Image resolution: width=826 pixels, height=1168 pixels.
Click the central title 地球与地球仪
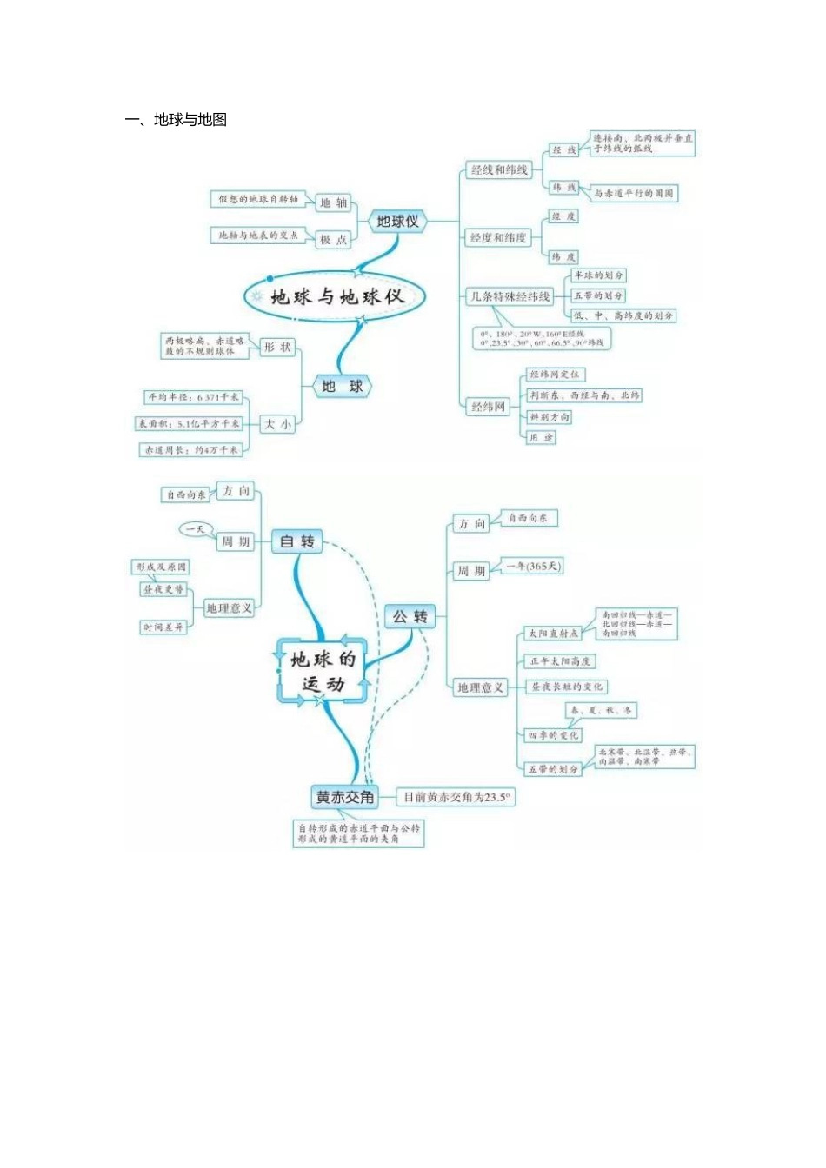[336, 296]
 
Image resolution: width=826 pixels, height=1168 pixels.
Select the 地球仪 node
[397, 222]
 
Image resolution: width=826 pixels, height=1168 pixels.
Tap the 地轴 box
[333, 202]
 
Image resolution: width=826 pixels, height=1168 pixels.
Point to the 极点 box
[333, 239]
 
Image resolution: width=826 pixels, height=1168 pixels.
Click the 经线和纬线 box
[499, 170]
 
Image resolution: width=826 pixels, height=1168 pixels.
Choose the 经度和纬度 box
[498, 237]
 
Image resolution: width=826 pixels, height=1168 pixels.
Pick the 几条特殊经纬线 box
[510, 296]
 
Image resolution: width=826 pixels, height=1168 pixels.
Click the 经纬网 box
[488, 406]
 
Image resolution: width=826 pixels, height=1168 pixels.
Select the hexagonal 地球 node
[342, 386]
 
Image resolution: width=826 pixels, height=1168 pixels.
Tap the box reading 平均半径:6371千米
[193, 397]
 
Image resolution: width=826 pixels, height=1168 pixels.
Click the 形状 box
[277, 347]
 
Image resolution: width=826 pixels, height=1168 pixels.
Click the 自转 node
[296, 541]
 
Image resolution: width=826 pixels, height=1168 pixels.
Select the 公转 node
[410, 617]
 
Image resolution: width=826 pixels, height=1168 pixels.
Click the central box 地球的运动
[323, 671]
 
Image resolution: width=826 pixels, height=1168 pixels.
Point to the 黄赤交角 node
[345, 797]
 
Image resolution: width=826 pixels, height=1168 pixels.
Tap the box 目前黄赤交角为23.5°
[456, 797]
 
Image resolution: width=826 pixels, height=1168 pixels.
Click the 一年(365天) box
[534, 567]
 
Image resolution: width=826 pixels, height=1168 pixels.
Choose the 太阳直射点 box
[553, 634]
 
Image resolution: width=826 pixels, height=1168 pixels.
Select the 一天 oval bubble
[196, 528]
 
